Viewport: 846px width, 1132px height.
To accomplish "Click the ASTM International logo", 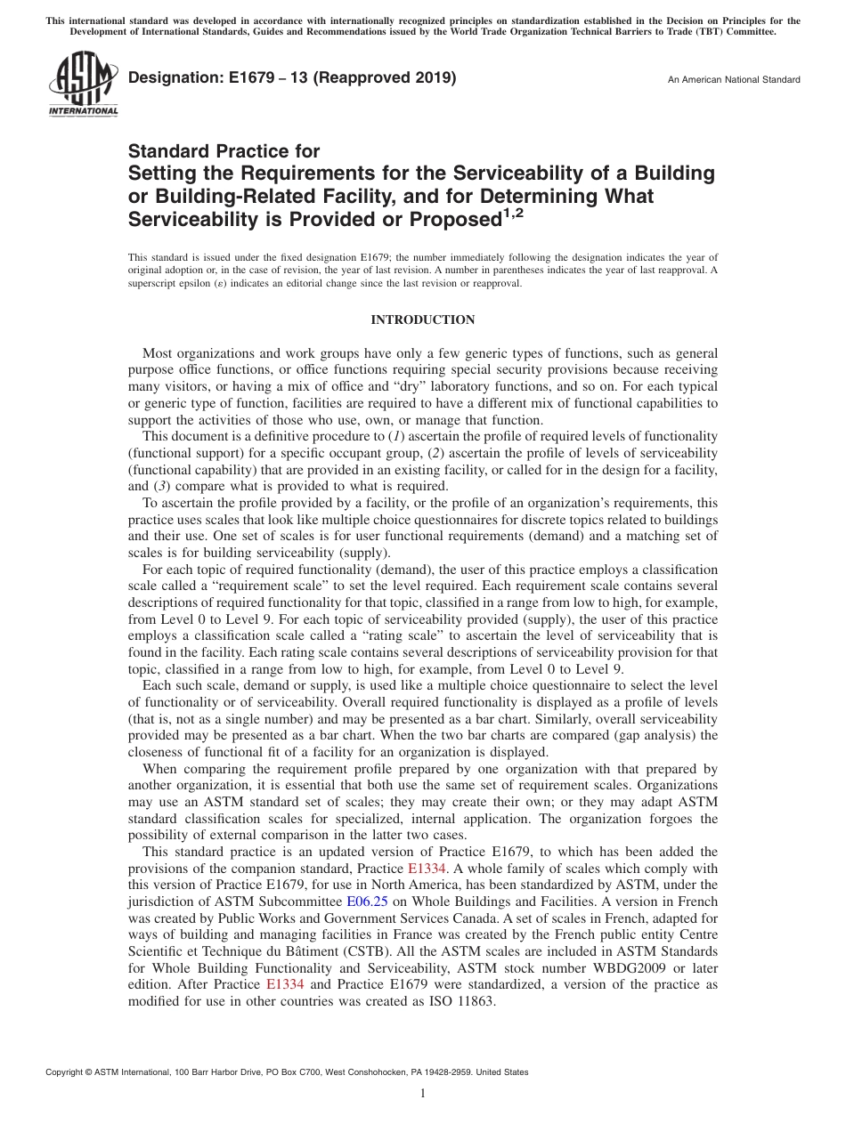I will coord(83,85).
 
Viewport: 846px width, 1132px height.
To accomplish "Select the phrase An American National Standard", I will coord(734,80).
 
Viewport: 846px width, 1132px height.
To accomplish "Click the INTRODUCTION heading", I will coord(422,320).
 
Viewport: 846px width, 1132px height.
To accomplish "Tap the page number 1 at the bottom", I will coord(423,1094).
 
